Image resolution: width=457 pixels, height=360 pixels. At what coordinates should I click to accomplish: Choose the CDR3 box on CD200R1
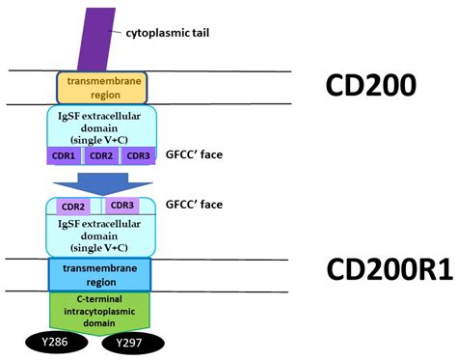point(121,205)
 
